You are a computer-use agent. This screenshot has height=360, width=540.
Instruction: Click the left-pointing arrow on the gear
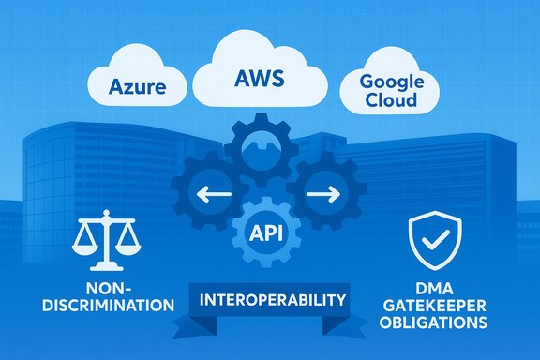pyautogui.click(x=213, y=195)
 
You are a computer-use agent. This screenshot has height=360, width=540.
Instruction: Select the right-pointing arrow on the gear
pyautogui.click(x=322, y=195)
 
